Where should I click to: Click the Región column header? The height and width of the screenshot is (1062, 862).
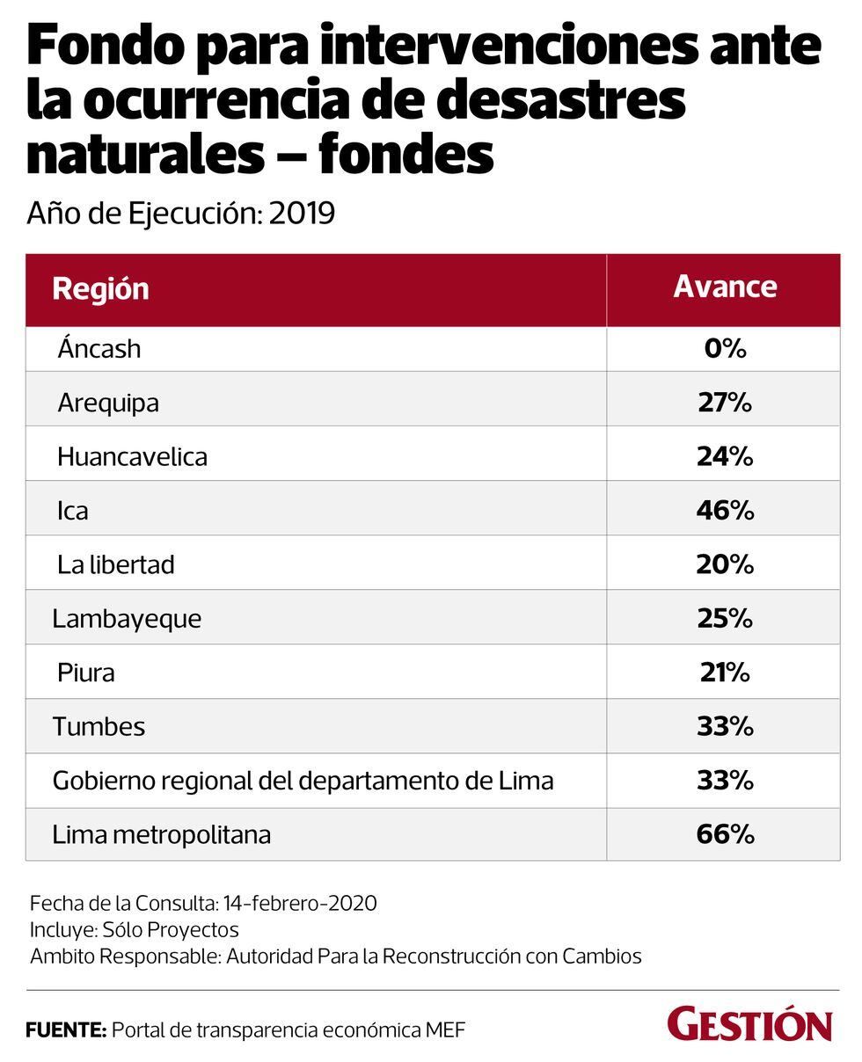point(100,288)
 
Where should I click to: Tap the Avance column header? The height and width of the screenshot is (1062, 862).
point(725,287)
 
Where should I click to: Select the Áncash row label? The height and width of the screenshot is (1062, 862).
point(99,348)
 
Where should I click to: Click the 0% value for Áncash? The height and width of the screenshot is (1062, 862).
point(725,348)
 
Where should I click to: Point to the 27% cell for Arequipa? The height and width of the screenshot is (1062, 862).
point(725,403)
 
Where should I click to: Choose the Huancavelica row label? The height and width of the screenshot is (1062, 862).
point(132,456)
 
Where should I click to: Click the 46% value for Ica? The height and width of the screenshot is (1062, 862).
point(725,510)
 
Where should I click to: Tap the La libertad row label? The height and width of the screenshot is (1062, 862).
point(115,564)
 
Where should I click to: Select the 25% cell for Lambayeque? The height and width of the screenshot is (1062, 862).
point(725,618)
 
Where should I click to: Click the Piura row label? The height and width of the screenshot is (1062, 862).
point(86,673)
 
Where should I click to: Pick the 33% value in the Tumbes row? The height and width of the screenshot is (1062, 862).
point(725,726)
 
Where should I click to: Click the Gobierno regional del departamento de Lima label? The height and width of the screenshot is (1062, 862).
point(303,780)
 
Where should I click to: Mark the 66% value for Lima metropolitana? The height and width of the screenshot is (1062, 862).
point(725,833)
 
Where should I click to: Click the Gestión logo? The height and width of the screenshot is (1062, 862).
point(749,1025)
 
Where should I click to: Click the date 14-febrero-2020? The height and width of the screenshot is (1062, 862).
point(300,903)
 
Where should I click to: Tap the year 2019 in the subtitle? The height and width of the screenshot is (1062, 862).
point(302,213)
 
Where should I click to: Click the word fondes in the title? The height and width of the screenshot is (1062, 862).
point(405,153)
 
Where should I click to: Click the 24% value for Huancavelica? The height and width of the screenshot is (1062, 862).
point(725,456)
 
